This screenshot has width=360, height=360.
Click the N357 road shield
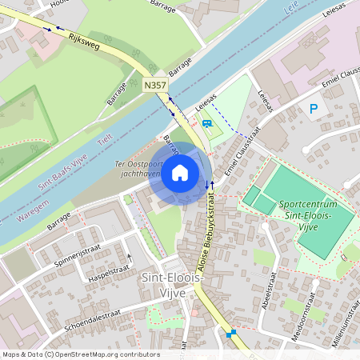point(156,83)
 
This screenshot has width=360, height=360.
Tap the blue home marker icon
point(180,172)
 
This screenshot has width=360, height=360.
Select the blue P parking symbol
point(314,108)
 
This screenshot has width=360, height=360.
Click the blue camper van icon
point(208,124)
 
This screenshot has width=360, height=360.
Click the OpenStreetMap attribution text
point(80,354)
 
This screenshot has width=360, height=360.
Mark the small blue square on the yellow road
point(233,333)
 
